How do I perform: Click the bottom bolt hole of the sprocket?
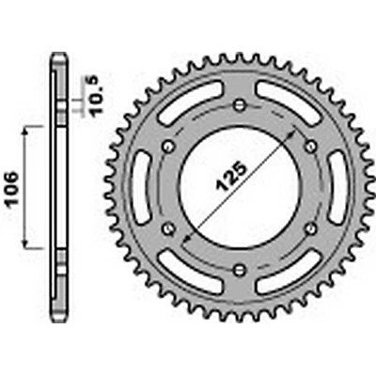[x=240, y=270]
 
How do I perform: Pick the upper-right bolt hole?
[x=311, y=144]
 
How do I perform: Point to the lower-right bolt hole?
[x=311, y=227]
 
